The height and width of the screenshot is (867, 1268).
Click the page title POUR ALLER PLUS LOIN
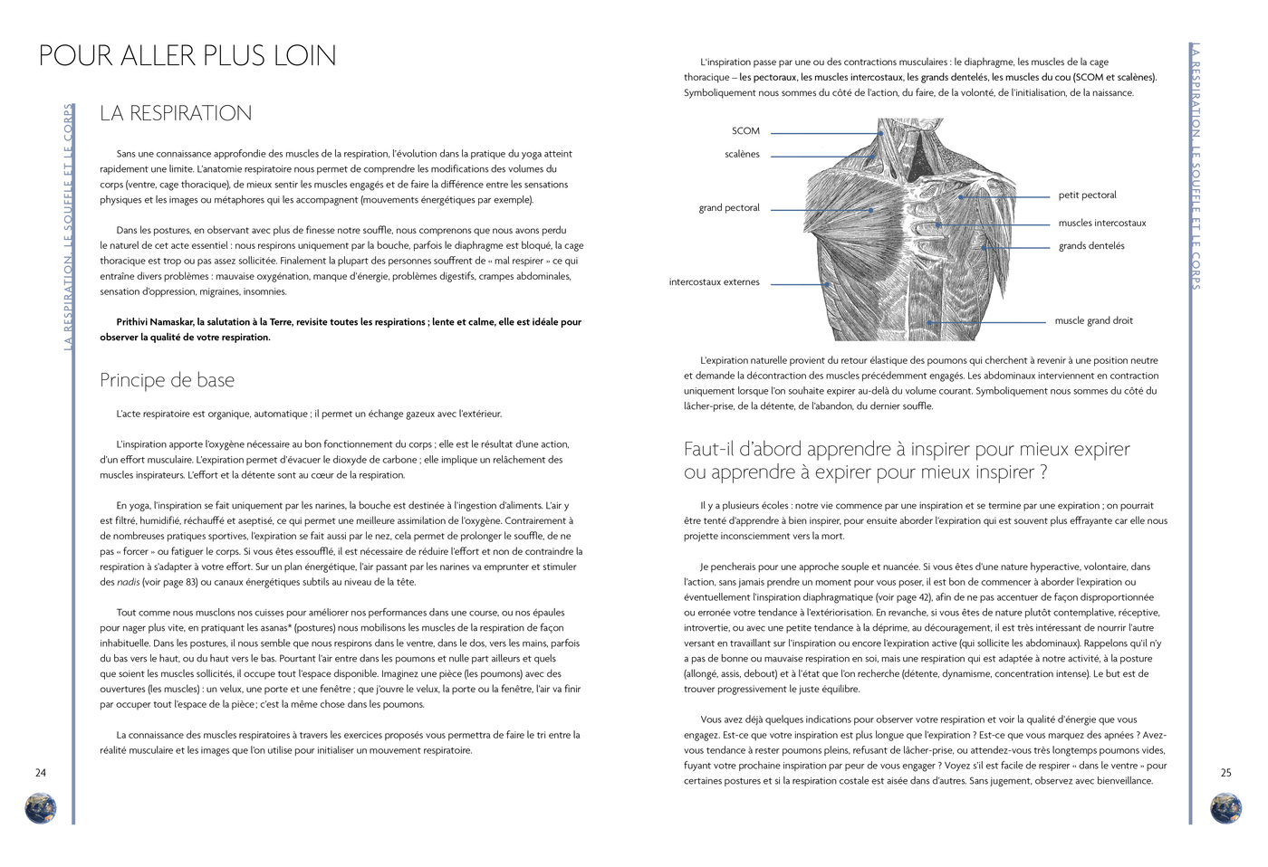coord(187,56)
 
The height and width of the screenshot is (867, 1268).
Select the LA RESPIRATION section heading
coord(176,113)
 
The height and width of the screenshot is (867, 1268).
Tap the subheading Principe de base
coord(167,380)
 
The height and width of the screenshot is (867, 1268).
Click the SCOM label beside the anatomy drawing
coord(745,131)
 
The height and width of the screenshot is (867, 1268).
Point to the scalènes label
coord(742,155)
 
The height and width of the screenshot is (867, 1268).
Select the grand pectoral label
coord(729,208)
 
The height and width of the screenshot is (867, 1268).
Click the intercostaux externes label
coord(714,282)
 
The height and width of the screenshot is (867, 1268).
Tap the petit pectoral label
coord(1087,195)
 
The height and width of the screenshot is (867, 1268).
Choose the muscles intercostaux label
coord(1101,224)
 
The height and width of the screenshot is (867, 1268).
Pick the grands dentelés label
coord(1091,246)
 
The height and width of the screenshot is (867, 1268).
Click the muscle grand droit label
coord(1093,321)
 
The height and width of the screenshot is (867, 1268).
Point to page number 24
coord(41,773)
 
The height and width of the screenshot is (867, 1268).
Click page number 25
coord(1225,773)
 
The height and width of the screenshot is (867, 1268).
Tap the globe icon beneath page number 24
coord(41,807)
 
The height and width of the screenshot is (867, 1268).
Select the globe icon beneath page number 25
coord(1225,807)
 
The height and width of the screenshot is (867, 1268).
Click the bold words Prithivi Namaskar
coord(155,322)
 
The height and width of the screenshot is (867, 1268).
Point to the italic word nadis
coord(129,583)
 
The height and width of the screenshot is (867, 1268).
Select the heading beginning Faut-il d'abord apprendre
coord(906,461)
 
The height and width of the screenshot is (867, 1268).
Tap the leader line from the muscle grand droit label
coord(987,322)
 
